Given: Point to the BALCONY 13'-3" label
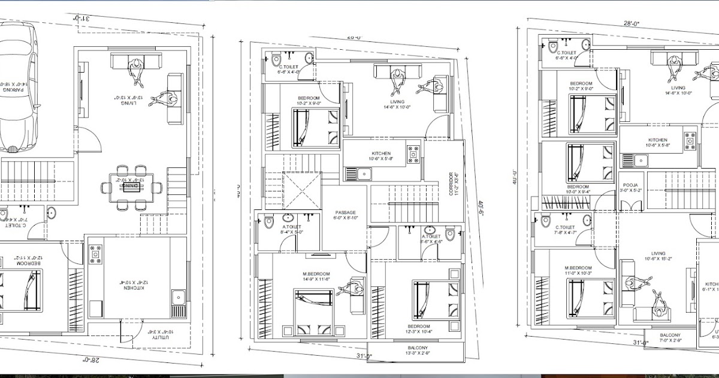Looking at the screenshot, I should click(417, 351).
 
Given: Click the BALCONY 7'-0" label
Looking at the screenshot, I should click(670, 338).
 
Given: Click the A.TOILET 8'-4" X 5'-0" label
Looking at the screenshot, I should click(292, 229).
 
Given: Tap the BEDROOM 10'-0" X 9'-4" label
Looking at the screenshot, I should click(578, 189).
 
